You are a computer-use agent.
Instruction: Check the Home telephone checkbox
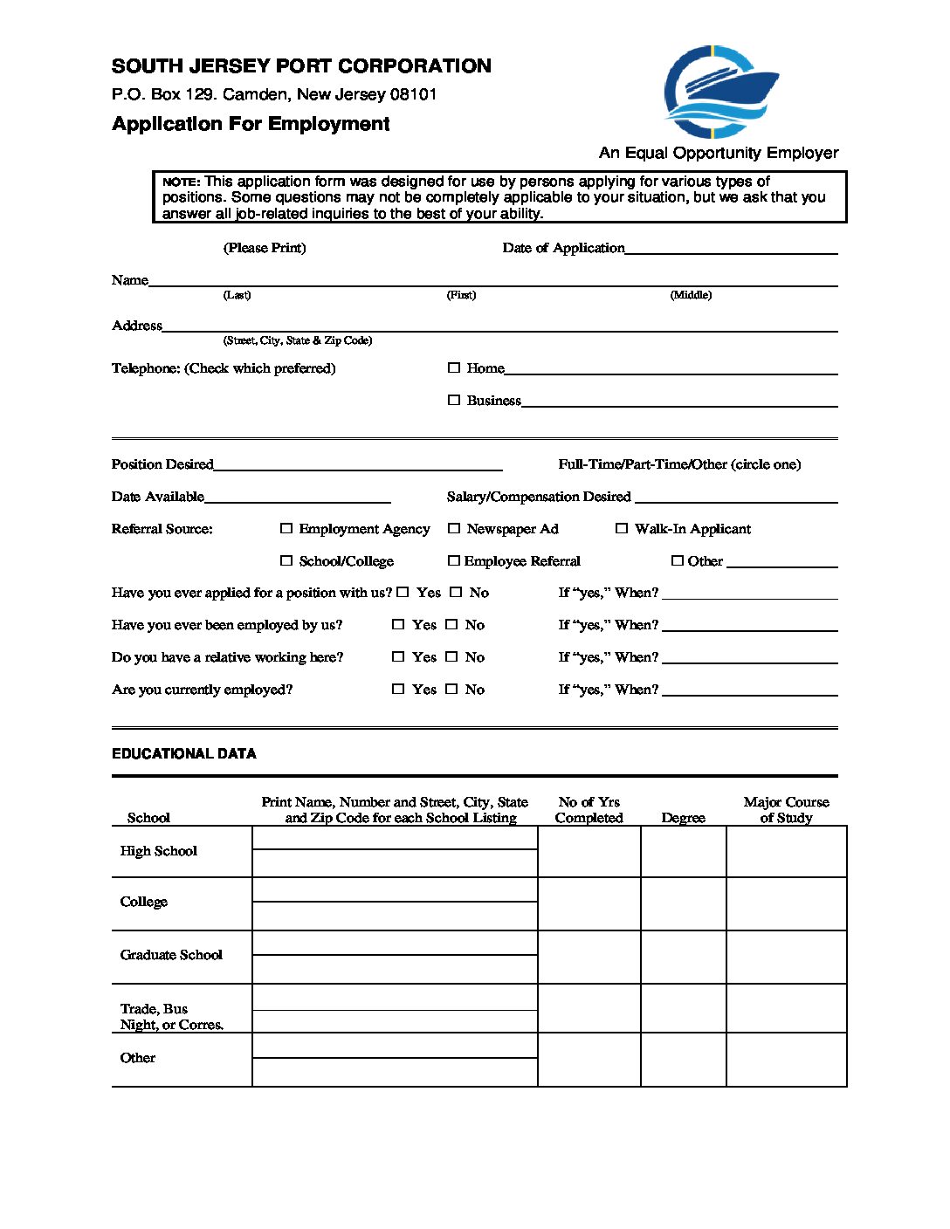pos(454,368)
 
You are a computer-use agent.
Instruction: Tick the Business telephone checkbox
pos(454,401)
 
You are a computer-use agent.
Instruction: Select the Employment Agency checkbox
pos(286,529)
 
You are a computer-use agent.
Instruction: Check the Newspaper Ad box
pos(454,529)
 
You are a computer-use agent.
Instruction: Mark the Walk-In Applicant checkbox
pos(622,529)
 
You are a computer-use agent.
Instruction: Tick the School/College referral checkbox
pos(286,561)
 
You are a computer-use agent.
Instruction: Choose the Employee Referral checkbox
pos(454,561)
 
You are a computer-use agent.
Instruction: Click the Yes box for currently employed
pos(398,690)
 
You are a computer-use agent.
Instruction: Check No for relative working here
pos(451,657)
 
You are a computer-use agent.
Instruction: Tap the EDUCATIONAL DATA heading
pos(184,754)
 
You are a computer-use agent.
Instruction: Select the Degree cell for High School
pos(683,852)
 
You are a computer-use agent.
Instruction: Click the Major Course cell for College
pos(786,904)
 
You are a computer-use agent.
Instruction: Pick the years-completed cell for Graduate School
pos(589,957)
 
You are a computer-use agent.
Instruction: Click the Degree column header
pos(683,818)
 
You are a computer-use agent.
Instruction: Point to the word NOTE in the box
pos(181,182)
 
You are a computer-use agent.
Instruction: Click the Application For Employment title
pos(251,124)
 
